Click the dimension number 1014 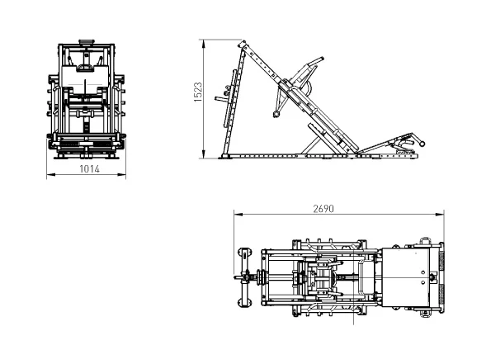click(x=90, y=169)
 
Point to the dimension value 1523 click(x=198, y=92)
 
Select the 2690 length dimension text click(x=323, y=209)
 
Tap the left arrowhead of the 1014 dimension click(x=50, y=174)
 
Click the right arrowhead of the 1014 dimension click(x=122, y=174)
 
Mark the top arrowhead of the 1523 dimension click(x=204, y=44)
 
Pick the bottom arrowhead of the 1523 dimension click(x=204, y=154)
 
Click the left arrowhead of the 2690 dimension click(x=238, y=215)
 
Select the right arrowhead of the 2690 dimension click(x=440, y=215)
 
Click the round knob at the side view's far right click(x=423, y=144)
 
